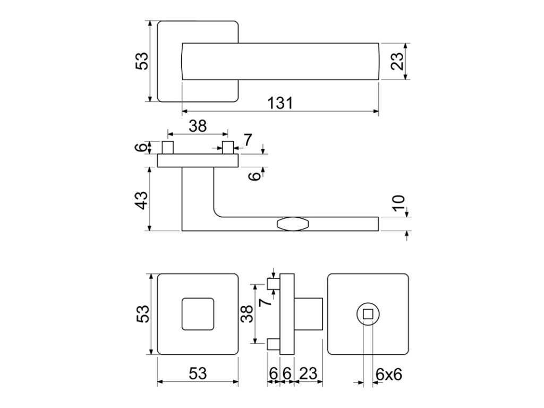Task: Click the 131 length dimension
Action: tap(280, 103)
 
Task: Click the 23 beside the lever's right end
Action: tap(398, 61)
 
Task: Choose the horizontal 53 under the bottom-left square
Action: tap(198, 374)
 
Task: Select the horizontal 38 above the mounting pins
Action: tap(198, 126)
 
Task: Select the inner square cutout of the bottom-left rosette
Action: tap(198, 314)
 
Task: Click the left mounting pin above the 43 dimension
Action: tap(167, 147)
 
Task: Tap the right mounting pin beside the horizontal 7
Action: tap(228, 147)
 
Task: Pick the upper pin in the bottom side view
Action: tap(273, 284)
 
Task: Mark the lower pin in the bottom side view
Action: tap(273, 344)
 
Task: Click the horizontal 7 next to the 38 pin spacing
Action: tap(248, 140)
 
